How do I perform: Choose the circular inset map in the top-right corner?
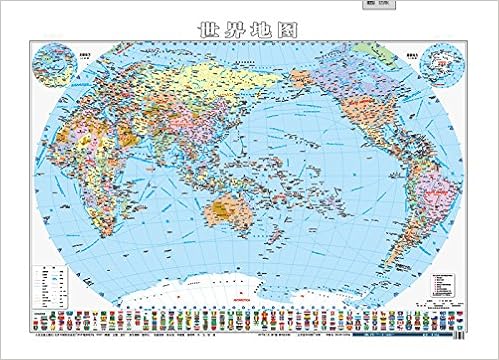point(441,65)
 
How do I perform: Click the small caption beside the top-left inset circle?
point(37,43)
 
